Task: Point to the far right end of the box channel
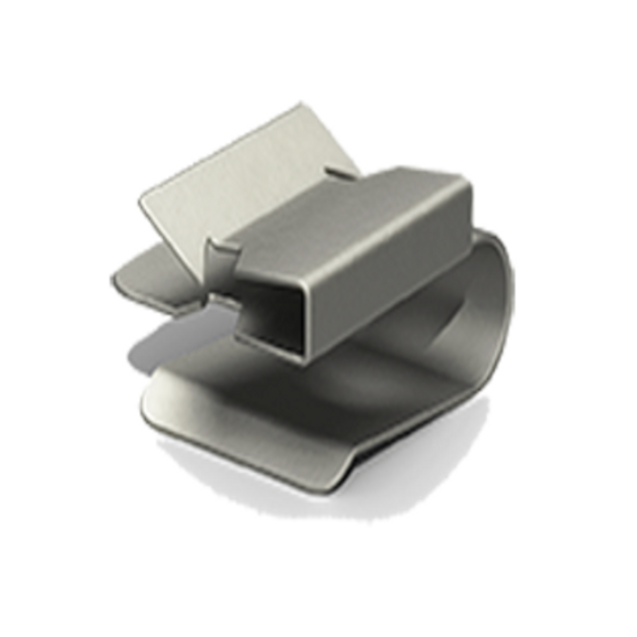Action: point(466,212)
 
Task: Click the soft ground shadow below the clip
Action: point(326,504)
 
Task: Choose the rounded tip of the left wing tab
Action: point(116,281)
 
